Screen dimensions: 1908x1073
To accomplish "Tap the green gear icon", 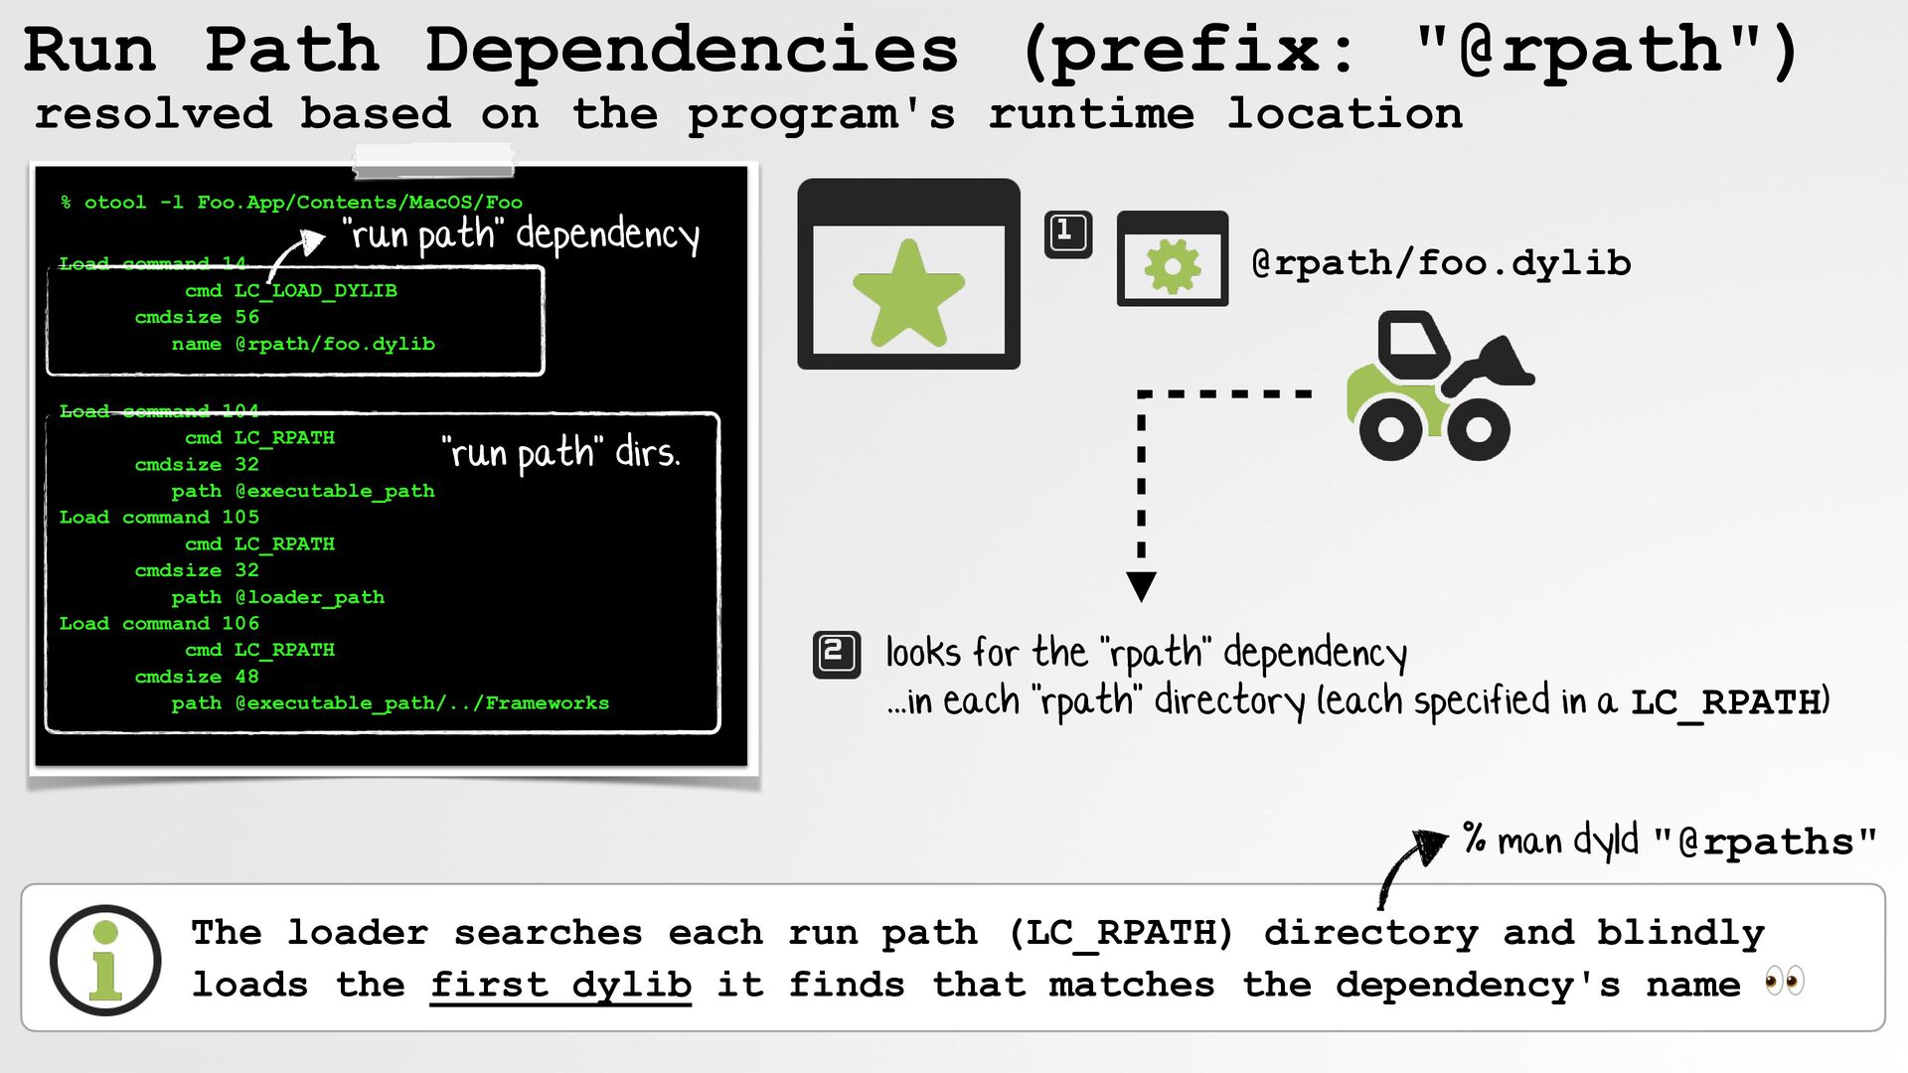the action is (x=1173, y=265).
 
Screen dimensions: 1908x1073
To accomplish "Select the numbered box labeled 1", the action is (x=1068, y=234).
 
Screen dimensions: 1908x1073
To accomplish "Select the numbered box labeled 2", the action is (x=837, y=655).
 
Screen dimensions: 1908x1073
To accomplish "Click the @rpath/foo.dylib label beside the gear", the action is (x=1442, y=263).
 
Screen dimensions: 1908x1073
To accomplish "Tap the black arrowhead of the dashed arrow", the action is (x=1142, y=586).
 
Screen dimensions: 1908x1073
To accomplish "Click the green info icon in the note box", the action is (x=105, y=960).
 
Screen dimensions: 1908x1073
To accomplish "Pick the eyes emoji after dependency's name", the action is (x=1785, y=983).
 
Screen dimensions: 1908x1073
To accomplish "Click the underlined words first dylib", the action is (x=560, y=985).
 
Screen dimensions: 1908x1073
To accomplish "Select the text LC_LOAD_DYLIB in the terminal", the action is (x=315, y=291).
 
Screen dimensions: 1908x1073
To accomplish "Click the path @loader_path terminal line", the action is (x=278, y=597).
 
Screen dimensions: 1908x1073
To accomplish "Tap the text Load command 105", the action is (x=159, y=518).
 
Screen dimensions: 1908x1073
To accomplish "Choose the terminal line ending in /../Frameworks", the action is (x=390, y=703).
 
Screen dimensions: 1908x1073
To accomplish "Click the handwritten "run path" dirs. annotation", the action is (x=561, y=453).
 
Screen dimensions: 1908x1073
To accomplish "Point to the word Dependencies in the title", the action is (x=692, y=50).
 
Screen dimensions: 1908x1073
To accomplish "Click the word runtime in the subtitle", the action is (x=1091, y=114).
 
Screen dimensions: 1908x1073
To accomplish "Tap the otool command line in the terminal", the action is (x=291, y=203).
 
